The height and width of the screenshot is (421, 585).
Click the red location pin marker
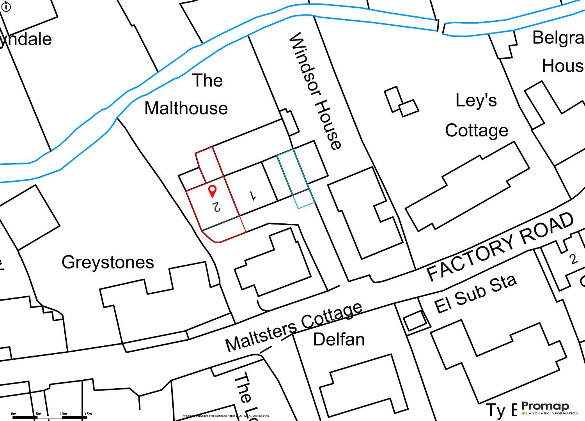[x=212, y=191]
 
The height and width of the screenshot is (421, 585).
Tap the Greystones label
[x=108, y=262]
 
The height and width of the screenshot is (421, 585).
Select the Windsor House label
[x=315, y=91]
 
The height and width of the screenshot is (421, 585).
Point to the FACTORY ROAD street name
[x=501, y=247]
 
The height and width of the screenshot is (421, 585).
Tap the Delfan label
[x=339, y=340]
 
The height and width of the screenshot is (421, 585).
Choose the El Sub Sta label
[x=475, y=293]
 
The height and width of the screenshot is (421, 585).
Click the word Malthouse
[x=186, y=108]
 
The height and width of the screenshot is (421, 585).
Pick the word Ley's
[x=476, y=101]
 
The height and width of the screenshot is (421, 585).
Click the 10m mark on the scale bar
[x=63, y=414]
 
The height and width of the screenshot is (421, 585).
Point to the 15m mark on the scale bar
[x=88, y=414]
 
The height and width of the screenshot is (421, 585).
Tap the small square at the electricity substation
[x=414, y=322]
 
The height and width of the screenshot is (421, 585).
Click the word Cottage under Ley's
[x=477, y=130]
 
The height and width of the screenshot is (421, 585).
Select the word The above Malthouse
[x=207, y=80]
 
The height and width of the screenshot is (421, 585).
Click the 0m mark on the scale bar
[x=14, y=414]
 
